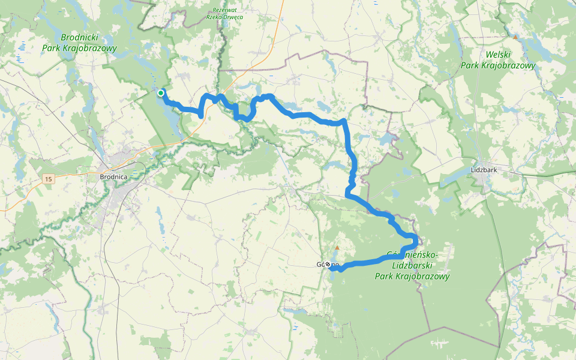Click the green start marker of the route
point(161,93)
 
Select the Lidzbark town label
point(485,170)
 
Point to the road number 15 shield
point(49,179)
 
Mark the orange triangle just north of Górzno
point(337,248)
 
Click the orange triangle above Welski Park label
point(515,37)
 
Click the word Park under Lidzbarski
point(386,277)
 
